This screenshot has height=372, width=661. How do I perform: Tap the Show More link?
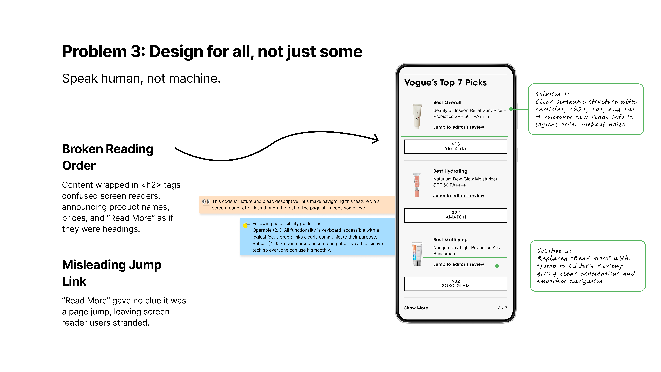coord(416,308)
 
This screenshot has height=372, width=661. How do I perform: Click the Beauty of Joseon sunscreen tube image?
coord(417,116)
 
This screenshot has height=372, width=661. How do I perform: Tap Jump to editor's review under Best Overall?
coord(459,127)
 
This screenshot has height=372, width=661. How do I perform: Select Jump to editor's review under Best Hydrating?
coord(459,196)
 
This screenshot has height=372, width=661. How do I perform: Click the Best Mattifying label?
coord(450,240)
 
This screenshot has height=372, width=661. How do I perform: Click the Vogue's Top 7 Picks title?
coord(445,83)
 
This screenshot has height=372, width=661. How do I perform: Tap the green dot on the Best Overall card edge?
coord(511,109)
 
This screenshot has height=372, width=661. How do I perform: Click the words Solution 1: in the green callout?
coord(552,94)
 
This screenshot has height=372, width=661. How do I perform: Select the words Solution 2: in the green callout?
coord(554,251)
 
